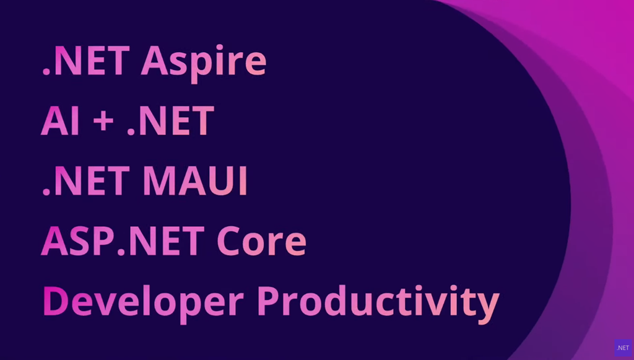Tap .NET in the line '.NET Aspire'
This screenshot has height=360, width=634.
click(x=86, y=61)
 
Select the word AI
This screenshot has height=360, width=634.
click(x=60, y=121)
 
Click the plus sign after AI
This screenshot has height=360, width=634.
click(x=103, y=122)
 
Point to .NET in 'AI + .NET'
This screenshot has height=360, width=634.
click(x=170, y=121)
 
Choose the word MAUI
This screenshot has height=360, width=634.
click(x=195, y=180)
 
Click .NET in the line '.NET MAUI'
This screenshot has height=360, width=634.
click(x=86, y=180)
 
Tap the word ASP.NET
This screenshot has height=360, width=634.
click(x=123, y=241)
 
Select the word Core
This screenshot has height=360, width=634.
click(x=262, y=241)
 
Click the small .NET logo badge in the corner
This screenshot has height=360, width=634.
click(x=623, y=348)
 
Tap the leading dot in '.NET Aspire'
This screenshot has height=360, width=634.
click(x=46, y=72)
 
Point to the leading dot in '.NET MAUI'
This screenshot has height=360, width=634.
click(x=46, y=192)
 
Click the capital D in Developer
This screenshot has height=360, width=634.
click(x=56, y=301)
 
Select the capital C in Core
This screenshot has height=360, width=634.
click(x=229, y=241)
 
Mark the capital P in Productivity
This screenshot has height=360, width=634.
click(x=269, y=301)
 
